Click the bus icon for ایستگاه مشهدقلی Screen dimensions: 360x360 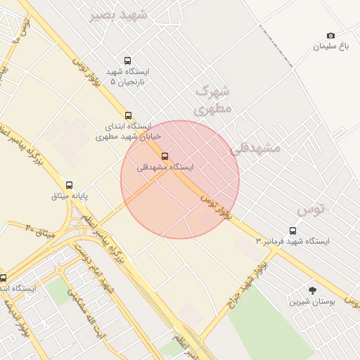(x=165, y=156)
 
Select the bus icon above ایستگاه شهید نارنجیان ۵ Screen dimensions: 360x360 (x=127, y=60)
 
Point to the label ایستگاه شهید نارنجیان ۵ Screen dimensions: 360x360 (x=129, y=77)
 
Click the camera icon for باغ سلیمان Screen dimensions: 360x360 (x=330, y=35)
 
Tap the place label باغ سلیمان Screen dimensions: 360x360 (x=331, y=46)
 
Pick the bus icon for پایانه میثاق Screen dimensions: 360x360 (x=69, y=185)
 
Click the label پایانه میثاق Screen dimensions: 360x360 (x=70, y=196)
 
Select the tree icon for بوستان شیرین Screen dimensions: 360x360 (x=312, y=290)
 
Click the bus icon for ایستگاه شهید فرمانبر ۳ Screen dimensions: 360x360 (x=292, y=231)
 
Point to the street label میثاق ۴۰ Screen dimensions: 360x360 (x=40, y=229)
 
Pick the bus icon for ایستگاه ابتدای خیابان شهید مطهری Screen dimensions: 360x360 (x=128, y=115)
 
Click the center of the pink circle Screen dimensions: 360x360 (x=180, y=179)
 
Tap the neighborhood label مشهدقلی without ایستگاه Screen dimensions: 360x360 (x=255, y=148)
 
